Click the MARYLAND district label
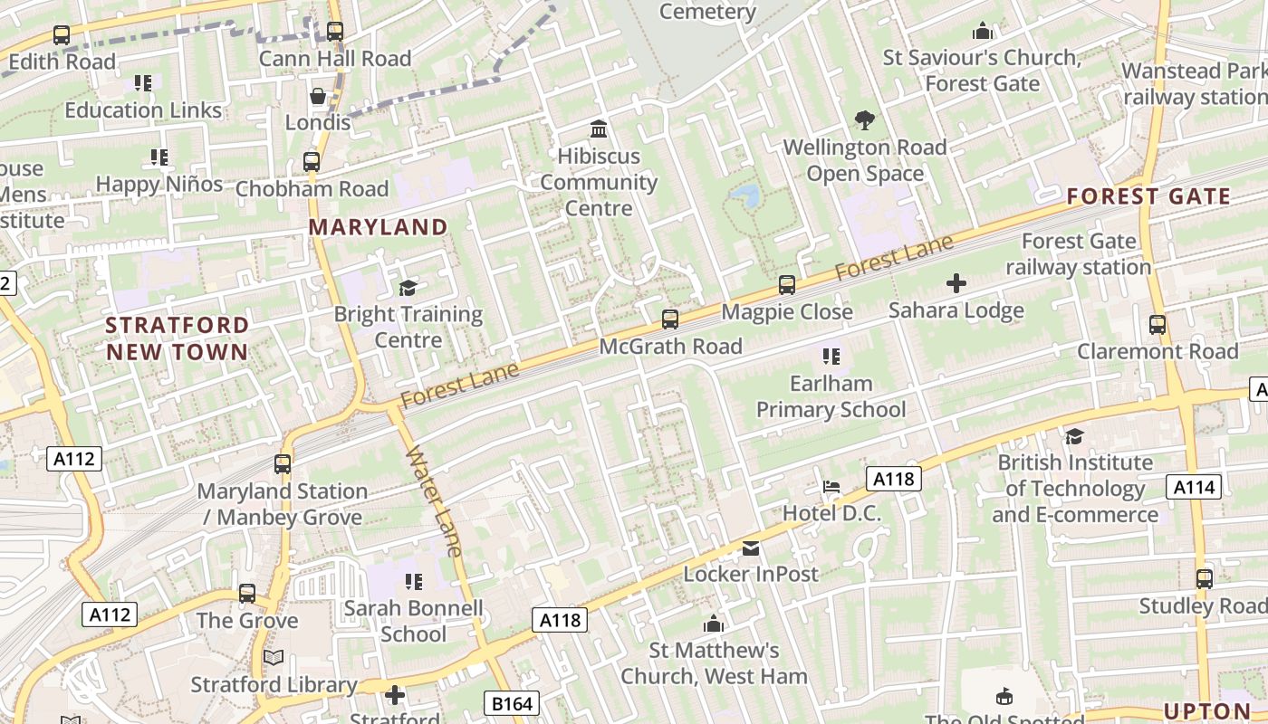pyautogui.click(x=379, y=227)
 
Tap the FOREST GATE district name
pyautogui.click(x=1148, y=196)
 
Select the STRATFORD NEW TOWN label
pyautogui.click(x=177, y=338)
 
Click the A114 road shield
pyautogui.click(x=1193, y=488)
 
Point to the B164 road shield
pyautogui.click(x=511, y=703)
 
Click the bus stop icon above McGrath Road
pyautogui.click(x=670, y=319)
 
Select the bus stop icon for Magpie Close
pyautogui.click(x=787, y=285)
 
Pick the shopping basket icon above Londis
pyautogui.click(x=318, y=96)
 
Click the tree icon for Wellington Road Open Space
pyautogui.click(x=865, y=119)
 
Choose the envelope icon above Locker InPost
pyautogui.click(x=751, y=548)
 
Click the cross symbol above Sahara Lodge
pyautogui.click(x=956, y=284)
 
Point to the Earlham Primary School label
pyautogui.click(x=831, y=396)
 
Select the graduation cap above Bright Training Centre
pyautogui.click(x=408, y=288)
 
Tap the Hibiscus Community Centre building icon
pyautogui.click(x=598, y=129)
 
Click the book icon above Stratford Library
pyautogui.click(x=274, y=658)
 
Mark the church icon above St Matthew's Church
pyautogui.click(x=714, y=624)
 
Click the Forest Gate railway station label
pyautogui.click(x=1078, y=254)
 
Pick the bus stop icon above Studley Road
pyautogui.click(x=1204, y=579)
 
